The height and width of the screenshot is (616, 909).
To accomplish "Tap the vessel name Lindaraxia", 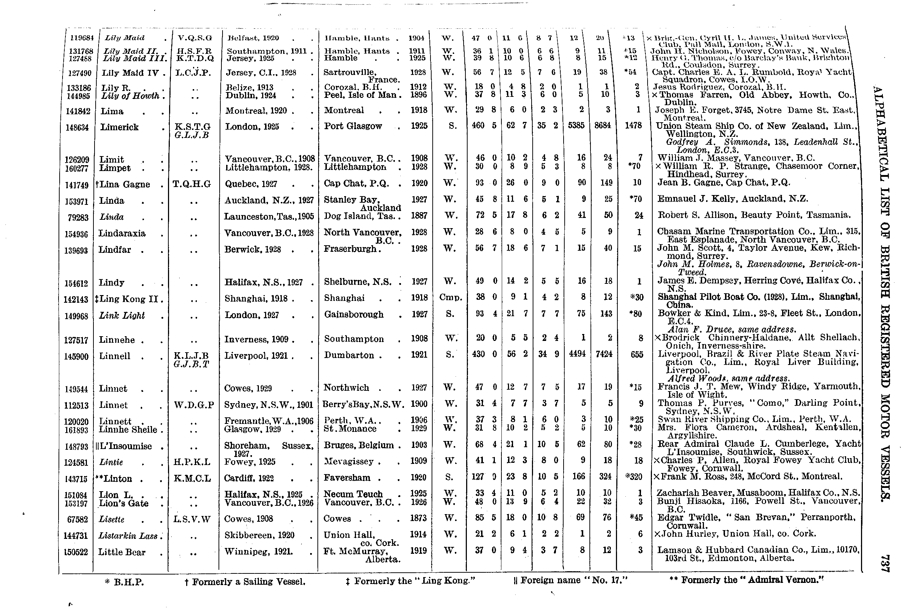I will pyautogui.click(x=122, y=234).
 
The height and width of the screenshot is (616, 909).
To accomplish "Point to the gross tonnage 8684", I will pyautogui.click(x=602, y=126).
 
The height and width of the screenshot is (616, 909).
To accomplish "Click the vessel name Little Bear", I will pyautogui.click(x=122, y=552).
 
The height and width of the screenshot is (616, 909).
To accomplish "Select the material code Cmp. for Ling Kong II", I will pyautogui.click(x=451, y=297).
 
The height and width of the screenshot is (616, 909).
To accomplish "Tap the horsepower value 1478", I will pyautogui.click(x=633, y=126).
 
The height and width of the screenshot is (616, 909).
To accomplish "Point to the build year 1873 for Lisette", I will pyautogui.click(x=418, y=518).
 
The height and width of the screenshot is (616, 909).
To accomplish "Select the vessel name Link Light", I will pyautogui.click(x=122, y=316).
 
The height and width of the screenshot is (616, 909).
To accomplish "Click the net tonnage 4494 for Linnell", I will pyautogui.click(x=577, y=354).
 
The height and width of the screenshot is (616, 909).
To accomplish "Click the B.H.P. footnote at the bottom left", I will pyautogui.click(x=124, y=582).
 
